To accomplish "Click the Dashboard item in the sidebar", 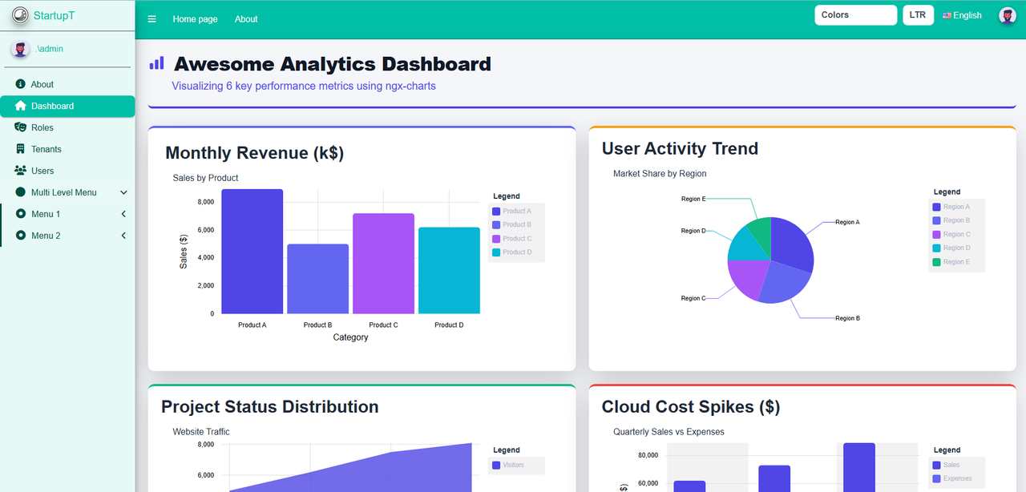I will click(52, 106).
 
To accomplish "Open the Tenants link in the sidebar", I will click(46, 149).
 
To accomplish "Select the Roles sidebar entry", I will click(42, 127).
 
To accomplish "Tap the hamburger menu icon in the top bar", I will click(152, 19).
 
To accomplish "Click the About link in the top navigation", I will click(246, 19).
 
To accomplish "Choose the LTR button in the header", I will click(918, 15).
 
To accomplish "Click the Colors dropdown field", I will click(855, 15).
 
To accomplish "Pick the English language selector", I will click(962, 15).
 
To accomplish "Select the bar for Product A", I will click(252, 252).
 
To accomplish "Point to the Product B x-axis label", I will click(317, 325).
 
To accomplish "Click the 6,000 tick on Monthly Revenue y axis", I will click(206, 230).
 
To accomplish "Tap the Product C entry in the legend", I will click(516, 239).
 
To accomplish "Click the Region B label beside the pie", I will click(847, 318).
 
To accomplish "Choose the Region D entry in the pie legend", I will click(955, 248).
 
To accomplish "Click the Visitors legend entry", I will click(512, 465).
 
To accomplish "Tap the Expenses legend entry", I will click(956, 479).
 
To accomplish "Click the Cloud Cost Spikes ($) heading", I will click(690, 407).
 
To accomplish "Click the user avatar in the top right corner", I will click(1007, 15).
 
